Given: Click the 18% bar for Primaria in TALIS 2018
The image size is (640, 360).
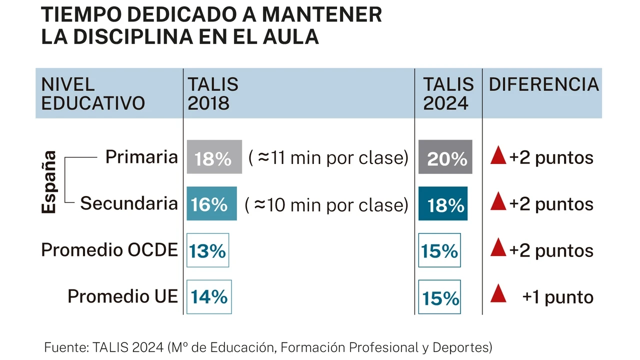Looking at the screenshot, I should [x=214, y=157].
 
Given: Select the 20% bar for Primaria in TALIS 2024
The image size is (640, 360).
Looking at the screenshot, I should [x=445, y=157].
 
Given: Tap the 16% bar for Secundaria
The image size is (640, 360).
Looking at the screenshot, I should [x=211, y=203].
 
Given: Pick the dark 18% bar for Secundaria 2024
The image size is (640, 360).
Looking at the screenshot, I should [x=443, y=203].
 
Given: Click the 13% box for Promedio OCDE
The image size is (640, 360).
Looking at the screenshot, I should [x=207, y=250].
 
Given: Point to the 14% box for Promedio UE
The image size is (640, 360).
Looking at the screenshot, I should [x=209, y=296].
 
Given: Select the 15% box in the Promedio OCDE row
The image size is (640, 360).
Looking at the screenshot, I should [x=439, y=250].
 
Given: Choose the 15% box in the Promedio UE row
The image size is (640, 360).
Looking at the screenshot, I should [x=439, y=297].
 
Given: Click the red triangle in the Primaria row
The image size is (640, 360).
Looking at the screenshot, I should [x=498, y=156].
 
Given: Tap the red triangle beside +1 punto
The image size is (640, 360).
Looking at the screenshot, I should [x=498, y=293].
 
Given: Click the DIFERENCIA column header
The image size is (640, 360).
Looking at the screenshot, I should [x=543, y=84].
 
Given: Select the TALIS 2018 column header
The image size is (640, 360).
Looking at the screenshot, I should [x=212, y=93].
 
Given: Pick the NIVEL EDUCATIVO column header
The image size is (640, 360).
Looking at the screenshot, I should [x=93, y=93].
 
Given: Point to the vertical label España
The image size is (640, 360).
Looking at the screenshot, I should [x=49, y=182].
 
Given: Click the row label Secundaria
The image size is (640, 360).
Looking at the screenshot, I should [x=129, y=203].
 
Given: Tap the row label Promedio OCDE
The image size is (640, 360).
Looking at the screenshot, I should [x=109, y=250].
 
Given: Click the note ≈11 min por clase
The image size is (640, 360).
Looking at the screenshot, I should [x=328, y=157].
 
